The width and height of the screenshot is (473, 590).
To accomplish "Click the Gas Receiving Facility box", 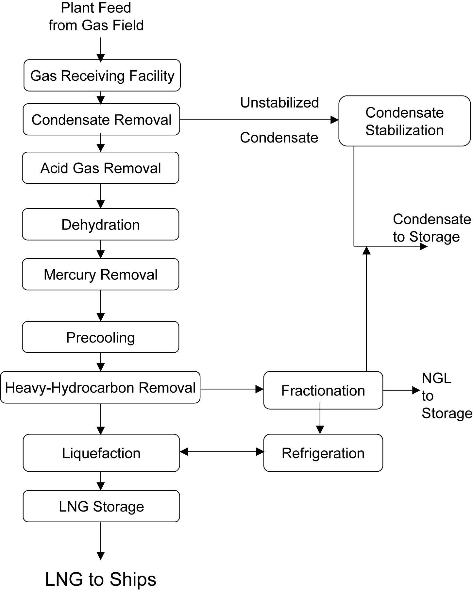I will coord(102,76).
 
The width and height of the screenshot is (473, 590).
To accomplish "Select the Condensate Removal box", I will coord(101,120).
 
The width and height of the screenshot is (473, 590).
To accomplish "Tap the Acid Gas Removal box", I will coord(100,168).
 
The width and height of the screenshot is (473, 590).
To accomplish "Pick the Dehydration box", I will coord(100,225).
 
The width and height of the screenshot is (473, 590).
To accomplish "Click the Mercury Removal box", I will coord(100,275).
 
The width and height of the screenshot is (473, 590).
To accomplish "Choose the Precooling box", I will coord(100,337).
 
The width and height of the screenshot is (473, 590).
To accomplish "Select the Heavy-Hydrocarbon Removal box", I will coord(100,388).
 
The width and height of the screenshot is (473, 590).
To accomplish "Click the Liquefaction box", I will coord(101,453).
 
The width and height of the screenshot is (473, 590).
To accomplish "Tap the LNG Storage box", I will coord(101,506).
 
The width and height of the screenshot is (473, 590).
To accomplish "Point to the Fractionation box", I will coord(323,390).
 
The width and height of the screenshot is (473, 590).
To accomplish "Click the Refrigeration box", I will coord(323,453).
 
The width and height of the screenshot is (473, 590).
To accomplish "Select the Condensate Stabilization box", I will coord(404,121).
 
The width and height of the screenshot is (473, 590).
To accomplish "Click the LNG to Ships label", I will coord(101,579).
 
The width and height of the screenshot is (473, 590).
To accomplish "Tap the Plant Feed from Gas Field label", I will coord(96,17).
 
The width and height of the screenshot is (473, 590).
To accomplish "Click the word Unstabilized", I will coord(279,103).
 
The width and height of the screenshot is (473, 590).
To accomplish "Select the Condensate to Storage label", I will coord(431,228).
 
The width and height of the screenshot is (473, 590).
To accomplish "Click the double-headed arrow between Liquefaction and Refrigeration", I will coord(222,452).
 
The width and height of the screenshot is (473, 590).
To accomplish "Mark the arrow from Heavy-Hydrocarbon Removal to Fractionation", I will coord(232,389).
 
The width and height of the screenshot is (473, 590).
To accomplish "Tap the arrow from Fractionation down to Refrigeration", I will coord(320,422).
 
